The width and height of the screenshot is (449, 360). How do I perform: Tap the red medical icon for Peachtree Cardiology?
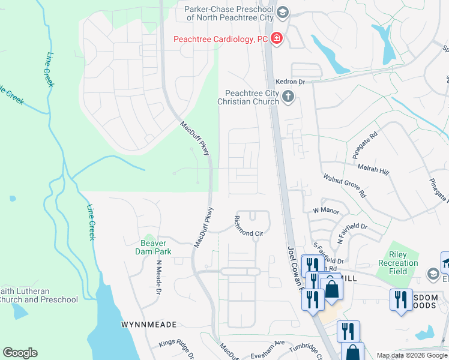pos(277,39)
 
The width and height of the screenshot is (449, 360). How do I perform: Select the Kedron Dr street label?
pos(291,81)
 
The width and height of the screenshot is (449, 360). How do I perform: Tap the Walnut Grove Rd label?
pos(345,185)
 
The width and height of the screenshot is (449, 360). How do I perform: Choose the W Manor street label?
pos(326,211)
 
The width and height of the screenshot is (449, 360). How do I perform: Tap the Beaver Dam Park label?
pos(157,247)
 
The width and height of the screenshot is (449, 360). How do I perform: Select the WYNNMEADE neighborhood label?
pos(149,325)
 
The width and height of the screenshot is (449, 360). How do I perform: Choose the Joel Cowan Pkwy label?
pos(294,268)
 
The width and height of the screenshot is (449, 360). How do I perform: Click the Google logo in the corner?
pos(20,353)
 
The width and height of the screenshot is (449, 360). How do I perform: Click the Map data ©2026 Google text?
pos(412,356)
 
